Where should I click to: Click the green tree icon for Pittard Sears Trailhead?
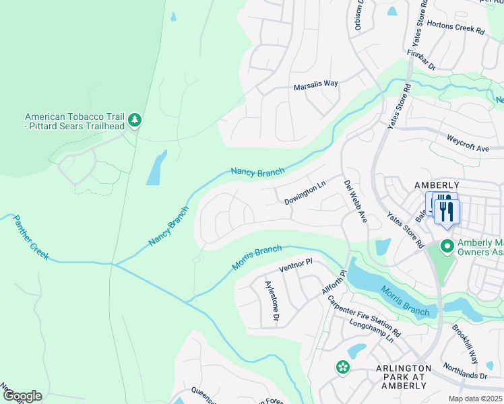[135, 120]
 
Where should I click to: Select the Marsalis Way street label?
[315, 86]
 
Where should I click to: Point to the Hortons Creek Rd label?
[460, 31]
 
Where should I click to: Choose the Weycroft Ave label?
[468, 143]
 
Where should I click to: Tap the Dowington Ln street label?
[305, 196]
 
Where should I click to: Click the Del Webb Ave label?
[355, 201]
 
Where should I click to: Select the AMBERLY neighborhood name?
[437, 185]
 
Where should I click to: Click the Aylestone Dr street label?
[272, 300]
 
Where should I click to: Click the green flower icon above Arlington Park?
[342, 367]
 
